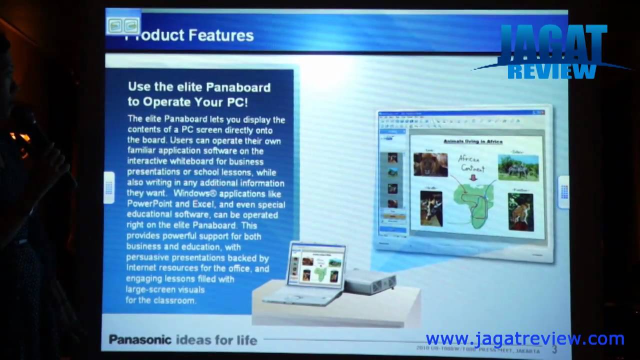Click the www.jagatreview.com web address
tap(524, 338)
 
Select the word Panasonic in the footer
tap(140, 340)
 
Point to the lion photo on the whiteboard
tap(430, 164)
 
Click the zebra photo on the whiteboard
tap(518, 166)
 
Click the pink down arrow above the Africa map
tap(472, 177)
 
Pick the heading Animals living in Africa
tap(473, 141)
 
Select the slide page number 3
tap(554, 349)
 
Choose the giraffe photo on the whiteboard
tap(431, 208)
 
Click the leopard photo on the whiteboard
tap(520, 211)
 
